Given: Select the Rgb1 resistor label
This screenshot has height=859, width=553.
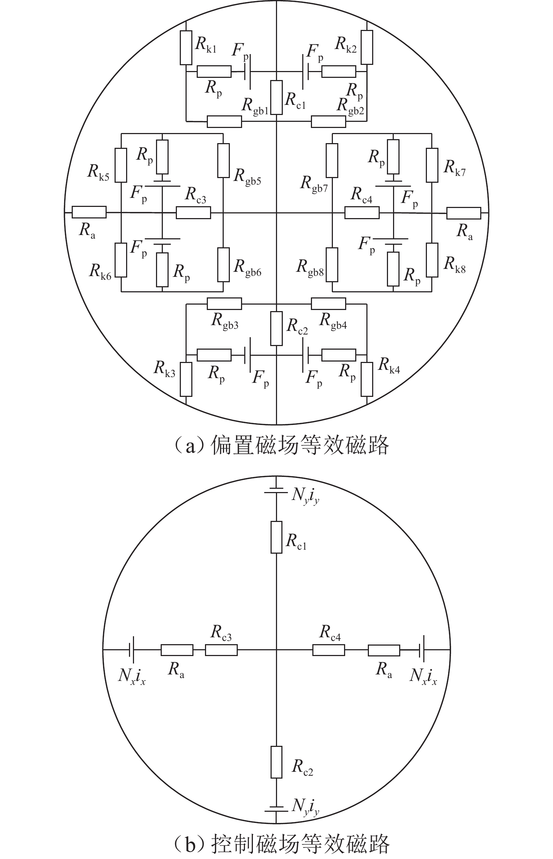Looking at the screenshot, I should [x=255, y=106].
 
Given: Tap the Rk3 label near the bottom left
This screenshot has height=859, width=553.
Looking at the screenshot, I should [x=165, y=369].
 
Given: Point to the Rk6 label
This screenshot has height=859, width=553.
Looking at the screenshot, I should [x=100, y=271].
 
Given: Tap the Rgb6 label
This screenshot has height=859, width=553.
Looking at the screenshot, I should [x=247, y=268].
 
